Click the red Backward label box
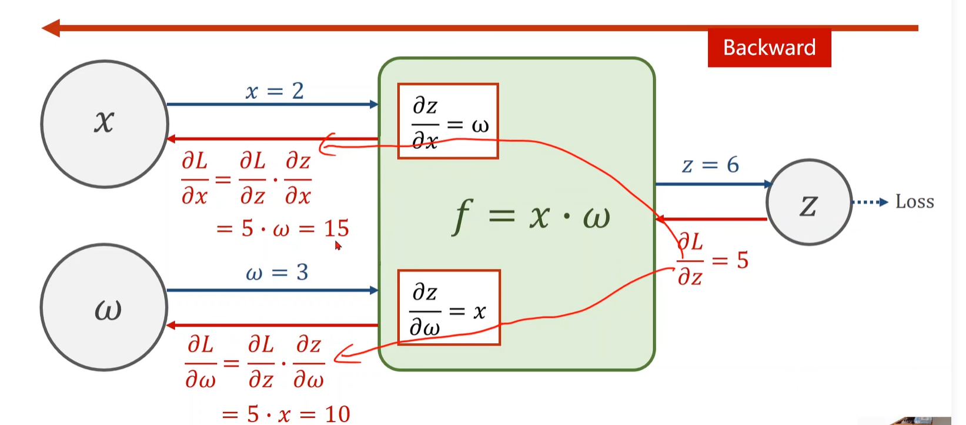[x=769, y=48]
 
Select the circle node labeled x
[x=105, y=124]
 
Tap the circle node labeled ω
[x=105, y=307]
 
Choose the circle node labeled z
[x=809, y=202]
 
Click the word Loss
[x=914, y=202]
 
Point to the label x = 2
[x=275, y=91]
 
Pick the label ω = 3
[x=276, y=273]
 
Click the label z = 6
[x=710, y=165]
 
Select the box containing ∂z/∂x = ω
[x=448, y=121]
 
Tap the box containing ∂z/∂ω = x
[x=449, y=307]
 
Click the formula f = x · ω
[x=531, y=216]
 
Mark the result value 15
[x=336, y=228]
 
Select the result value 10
[x=337, y=414]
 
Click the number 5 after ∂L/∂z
[x=743, y=260]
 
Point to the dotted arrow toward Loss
[x=870, y=202]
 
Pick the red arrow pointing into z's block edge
[x=711, y=219]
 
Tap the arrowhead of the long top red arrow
[x=51, y=28]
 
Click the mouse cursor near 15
[x=338, y=245]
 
